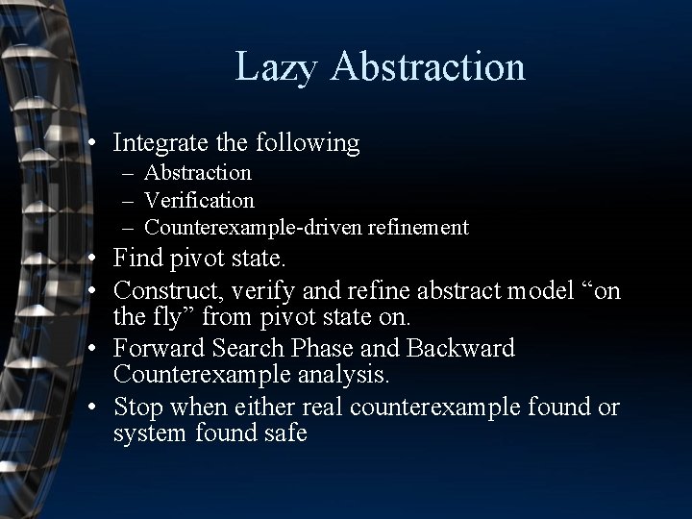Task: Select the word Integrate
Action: [x=158, y=144]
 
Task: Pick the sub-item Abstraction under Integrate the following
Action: [x=198, y=173]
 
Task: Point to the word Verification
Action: [x=200, y=200]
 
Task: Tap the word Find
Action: [x=136, y=259]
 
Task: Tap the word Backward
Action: [x=467, y=348]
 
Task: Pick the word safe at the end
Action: [x=284, y=434]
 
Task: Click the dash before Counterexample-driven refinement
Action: [x=129, y=228]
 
